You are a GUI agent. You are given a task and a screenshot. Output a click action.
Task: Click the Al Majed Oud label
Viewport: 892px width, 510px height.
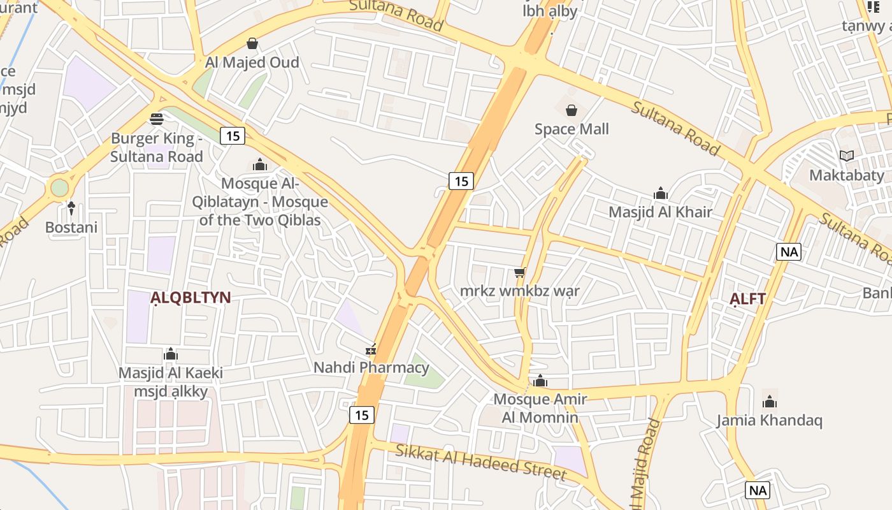(x=252, y=62)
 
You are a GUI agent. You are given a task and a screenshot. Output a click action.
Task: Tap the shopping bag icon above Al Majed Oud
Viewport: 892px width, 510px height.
(x=252, y=43)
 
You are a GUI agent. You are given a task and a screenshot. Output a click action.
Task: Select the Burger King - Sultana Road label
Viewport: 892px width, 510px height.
(x=157, y=147)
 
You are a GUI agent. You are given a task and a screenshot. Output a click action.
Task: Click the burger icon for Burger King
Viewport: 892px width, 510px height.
(x=157, y=119)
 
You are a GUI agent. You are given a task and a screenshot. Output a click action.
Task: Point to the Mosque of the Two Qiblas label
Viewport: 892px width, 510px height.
(x=259, y=202)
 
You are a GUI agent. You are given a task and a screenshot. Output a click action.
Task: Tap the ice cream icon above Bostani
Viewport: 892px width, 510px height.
(x=71, y=208)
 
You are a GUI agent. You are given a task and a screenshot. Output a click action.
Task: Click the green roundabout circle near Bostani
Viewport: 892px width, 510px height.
(x=59, y=188)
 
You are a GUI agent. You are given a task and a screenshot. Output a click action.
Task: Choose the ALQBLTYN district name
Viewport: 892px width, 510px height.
(x=190, y=298)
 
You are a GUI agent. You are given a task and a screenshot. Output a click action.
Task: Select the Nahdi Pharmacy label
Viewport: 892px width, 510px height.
(x=371, y=368)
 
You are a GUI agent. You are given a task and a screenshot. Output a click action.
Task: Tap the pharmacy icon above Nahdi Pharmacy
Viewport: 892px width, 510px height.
(x=371, y=349)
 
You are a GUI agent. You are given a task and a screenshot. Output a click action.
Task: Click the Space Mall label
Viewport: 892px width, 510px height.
(x=572, y=129)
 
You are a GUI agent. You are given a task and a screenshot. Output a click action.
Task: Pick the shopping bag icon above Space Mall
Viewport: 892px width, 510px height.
(x=572, y=110)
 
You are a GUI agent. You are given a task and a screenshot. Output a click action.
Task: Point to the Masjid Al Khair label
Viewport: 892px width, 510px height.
(x=660, y=212)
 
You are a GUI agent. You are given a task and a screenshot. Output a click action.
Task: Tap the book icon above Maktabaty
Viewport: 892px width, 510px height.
(x=847, y=156)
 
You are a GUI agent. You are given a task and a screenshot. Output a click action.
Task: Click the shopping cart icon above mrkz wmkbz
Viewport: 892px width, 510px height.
(x=520, y=273)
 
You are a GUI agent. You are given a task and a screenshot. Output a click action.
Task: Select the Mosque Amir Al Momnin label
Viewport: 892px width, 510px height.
(x=540, y=409)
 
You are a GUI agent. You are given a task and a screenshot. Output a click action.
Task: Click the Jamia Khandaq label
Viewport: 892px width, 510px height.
(x=769, y=421)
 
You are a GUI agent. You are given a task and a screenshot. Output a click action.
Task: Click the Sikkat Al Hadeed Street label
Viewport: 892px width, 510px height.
(x=480, y=462)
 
